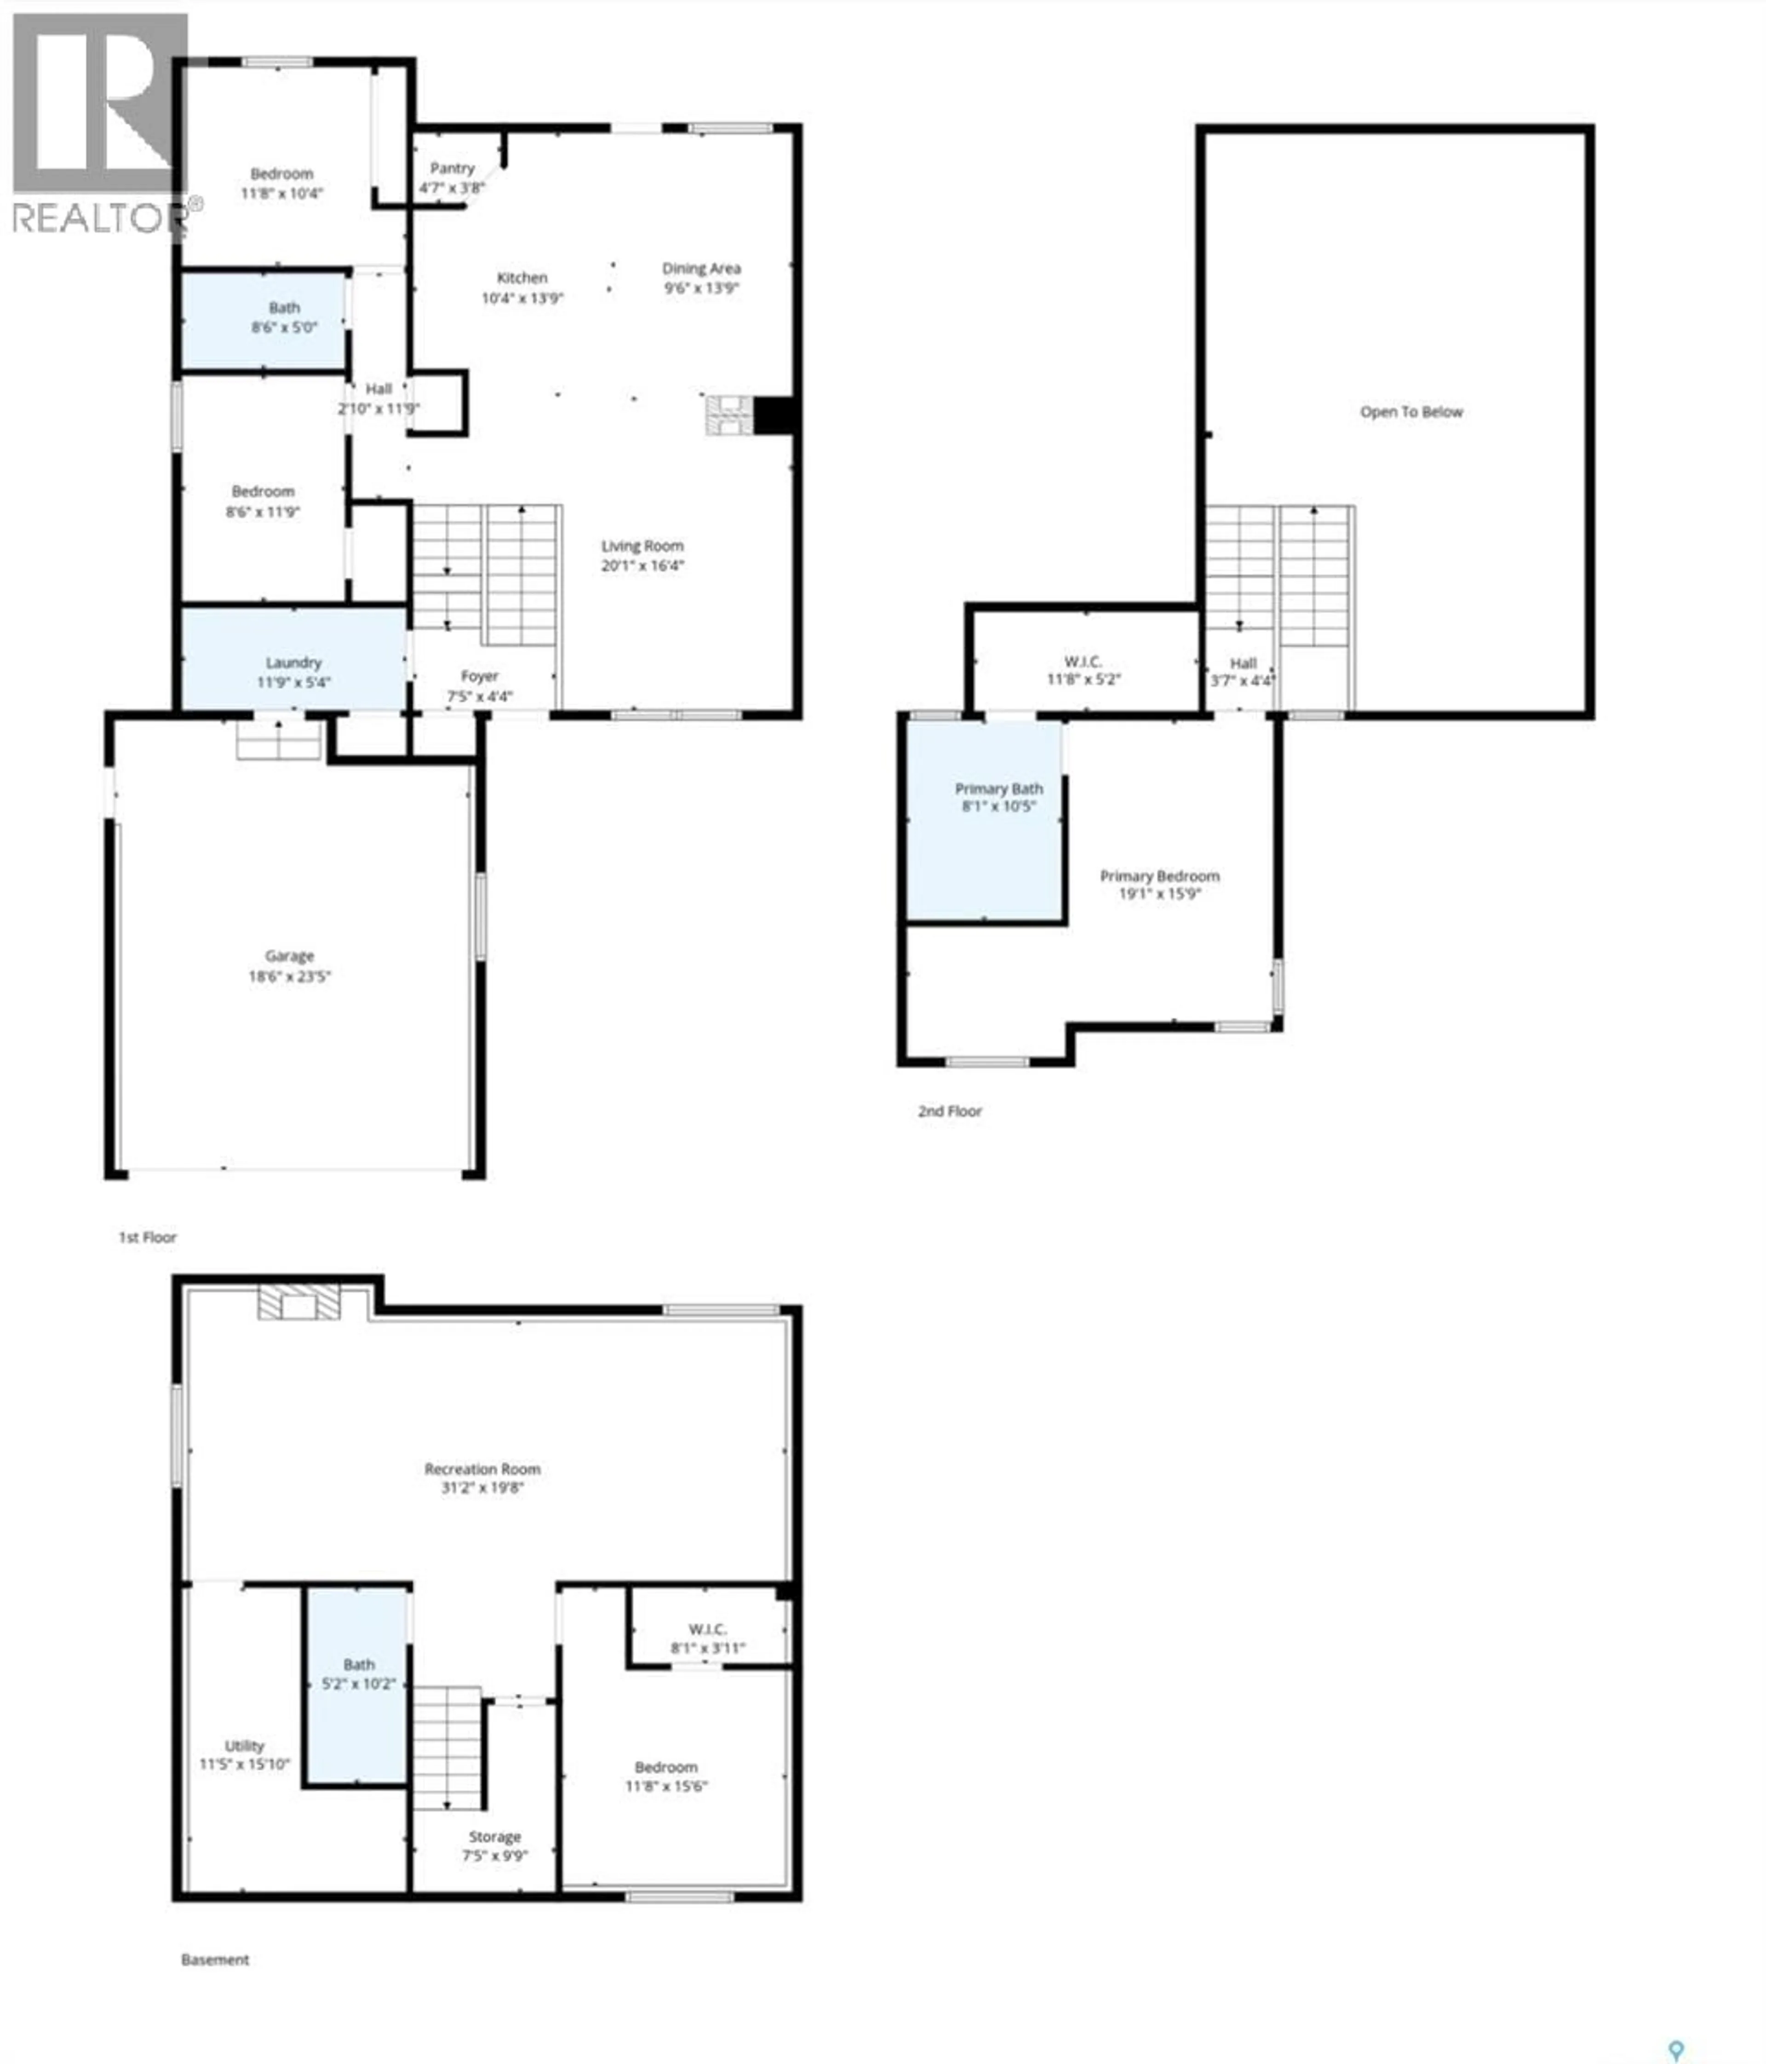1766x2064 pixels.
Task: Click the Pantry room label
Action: coord(452,168)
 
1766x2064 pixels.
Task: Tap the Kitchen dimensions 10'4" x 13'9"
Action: coord(522,298)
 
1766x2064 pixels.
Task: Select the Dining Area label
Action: coord(701,268)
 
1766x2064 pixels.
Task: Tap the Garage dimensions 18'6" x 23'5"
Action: coord(289,976)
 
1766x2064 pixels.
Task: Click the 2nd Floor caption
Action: coord(949,1111)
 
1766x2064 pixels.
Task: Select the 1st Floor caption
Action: coord(148,1237)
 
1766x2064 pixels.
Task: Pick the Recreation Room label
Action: coord(482,1469)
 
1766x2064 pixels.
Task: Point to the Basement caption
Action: coord(215,1960)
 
